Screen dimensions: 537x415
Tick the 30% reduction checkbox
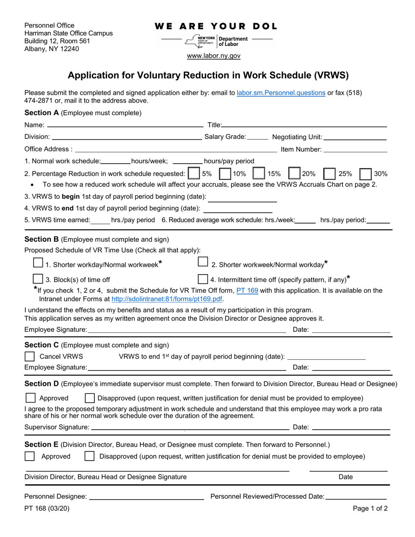(x=366, y=173)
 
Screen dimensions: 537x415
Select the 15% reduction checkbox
(x=259, y=173)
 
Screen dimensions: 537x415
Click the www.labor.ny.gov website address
(x=214, y=56)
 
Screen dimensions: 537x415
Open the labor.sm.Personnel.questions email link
(x=281, y=93)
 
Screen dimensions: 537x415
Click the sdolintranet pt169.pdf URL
(x=167, y=299)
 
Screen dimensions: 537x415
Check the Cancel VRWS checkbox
(x=30, y=356)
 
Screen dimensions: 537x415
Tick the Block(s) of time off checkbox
(x=38, y=279)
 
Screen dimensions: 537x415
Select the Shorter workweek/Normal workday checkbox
(x=203, y=262)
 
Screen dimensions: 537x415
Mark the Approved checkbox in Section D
(x=30, y=398)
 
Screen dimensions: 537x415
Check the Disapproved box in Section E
(x=89, y=456)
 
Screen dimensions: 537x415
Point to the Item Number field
(x=355, y=149)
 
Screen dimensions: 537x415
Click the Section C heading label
(x=41, y=345)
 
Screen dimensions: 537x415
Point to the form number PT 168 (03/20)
(x=47, y=508)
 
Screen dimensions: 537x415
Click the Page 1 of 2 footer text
(x=370, y=508)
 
